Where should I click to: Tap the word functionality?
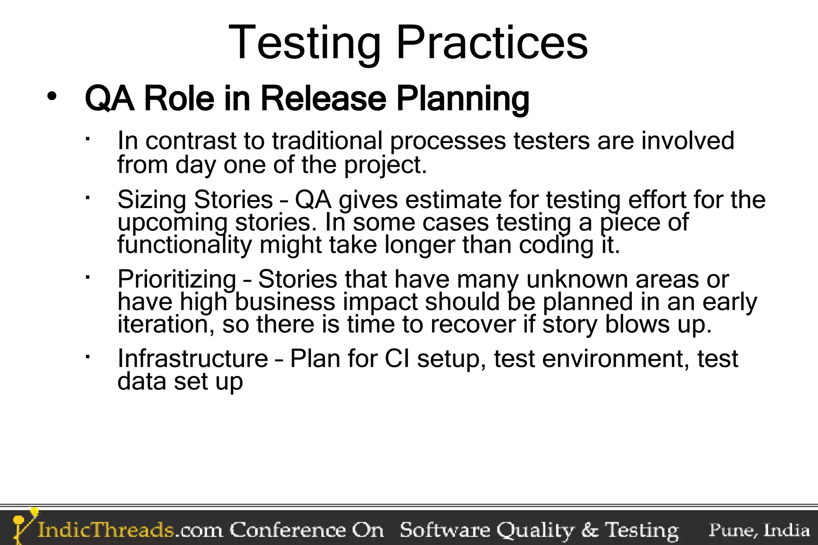[x=185, y=245]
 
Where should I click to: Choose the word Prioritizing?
[x=177, y=279]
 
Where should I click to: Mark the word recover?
[x=473, y=324]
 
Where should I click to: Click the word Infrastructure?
[x=193, y=358]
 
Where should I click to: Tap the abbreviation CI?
[x=397, y=358]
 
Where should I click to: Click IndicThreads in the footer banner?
[x=106, y=530]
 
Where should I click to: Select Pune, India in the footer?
[x=759, y=530]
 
